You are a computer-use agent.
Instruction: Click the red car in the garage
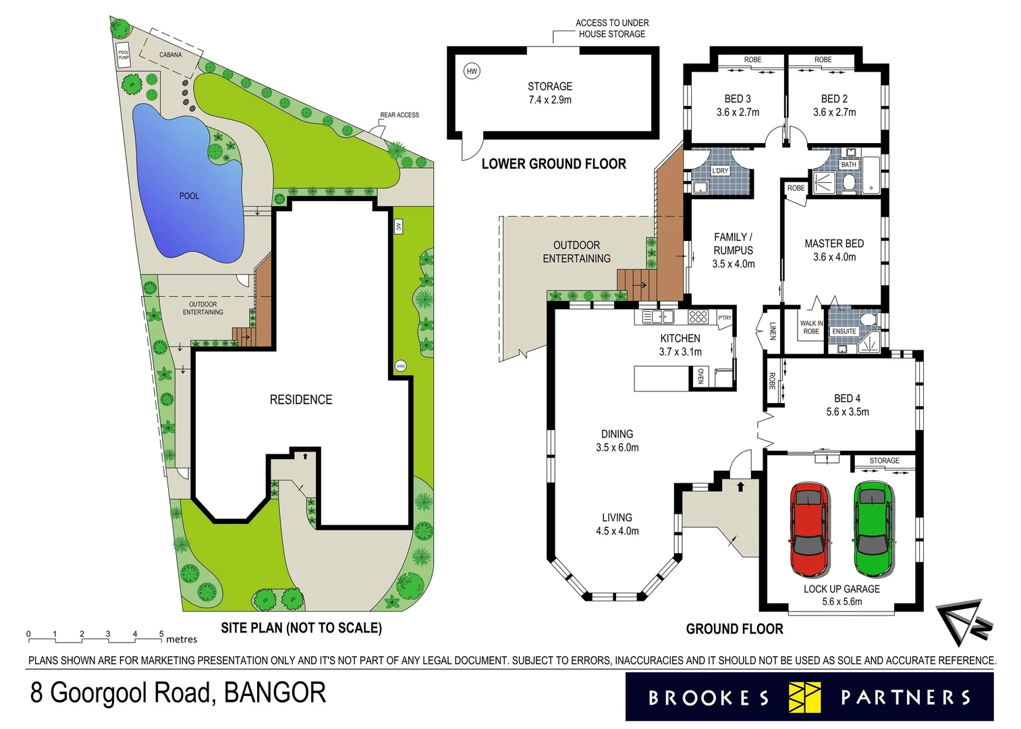click(x=809, y=529)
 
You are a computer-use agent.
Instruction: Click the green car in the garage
click(x=873, y=529)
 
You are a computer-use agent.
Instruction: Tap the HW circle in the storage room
click(x=472, y=71)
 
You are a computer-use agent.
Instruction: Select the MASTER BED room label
click(x=834, y=244)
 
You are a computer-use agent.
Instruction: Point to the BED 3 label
click(x=738, y=99)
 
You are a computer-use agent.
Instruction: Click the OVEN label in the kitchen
click(x=700, y=377)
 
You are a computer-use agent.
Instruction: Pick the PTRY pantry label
click(x=725, y=318)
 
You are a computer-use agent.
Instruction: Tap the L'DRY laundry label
click(x=720, y=171)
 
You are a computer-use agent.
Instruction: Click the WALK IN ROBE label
click(x=811, y=327)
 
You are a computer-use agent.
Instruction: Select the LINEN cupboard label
click(x=773, y=330)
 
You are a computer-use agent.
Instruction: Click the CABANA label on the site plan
click(x=170, y=55)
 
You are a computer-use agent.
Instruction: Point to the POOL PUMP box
click(x=123, y=55)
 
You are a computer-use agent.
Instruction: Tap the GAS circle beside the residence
click(x=401, y=366)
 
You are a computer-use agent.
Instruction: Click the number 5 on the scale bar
click(x=161, y=634)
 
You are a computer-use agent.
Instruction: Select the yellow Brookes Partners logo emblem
click(x=804, y=697)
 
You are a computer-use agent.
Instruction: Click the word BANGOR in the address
click(x=275, y=693)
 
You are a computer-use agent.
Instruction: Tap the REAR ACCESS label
click(x=399, y=115)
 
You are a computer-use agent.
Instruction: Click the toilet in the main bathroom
click(x=848, y=182)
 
